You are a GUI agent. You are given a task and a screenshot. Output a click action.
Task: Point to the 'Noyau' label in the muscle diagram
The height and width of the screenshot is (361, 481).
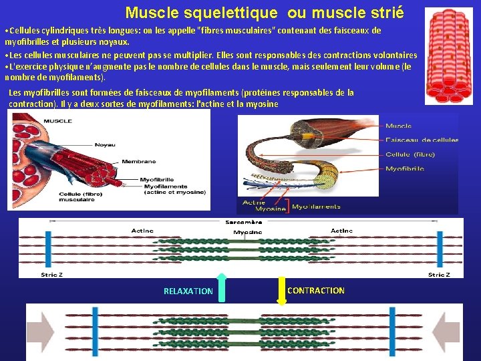(x=105, y=144)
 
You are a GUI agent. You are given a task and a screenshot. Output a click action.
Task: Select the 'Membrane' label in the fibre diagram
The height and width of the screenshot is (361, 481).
(x=139, y=161)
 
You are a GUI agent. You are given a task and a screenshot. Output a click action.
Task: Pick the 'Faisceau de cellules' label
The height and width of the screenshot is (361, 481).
(x=422, y=140)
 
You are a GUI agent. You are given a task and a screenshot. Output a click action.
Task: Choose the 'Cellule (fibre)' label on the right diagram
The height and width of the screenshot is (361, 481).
(x=410, y=154)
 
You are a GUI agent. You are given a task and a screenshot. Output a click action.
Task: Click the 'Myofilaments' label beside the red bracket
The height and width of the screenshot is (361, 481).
(x=316, y=207)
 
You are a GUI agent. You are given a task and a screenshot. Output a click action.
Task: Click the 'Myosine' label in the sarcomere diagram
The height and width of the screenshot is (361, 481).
(x=247, y=232)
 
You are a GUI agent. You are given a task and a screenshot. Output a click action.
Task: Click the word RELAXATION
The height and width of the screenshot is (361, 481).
(x=188, y=291)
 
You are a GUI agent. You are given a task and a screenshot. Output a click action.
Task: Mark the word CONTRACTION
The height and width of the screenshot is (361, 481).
(x=316, y=290)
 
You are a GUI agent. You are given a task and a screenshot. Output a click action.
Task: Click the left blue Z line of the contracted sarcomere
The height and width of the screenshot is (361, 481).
(x=96, y=333)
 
